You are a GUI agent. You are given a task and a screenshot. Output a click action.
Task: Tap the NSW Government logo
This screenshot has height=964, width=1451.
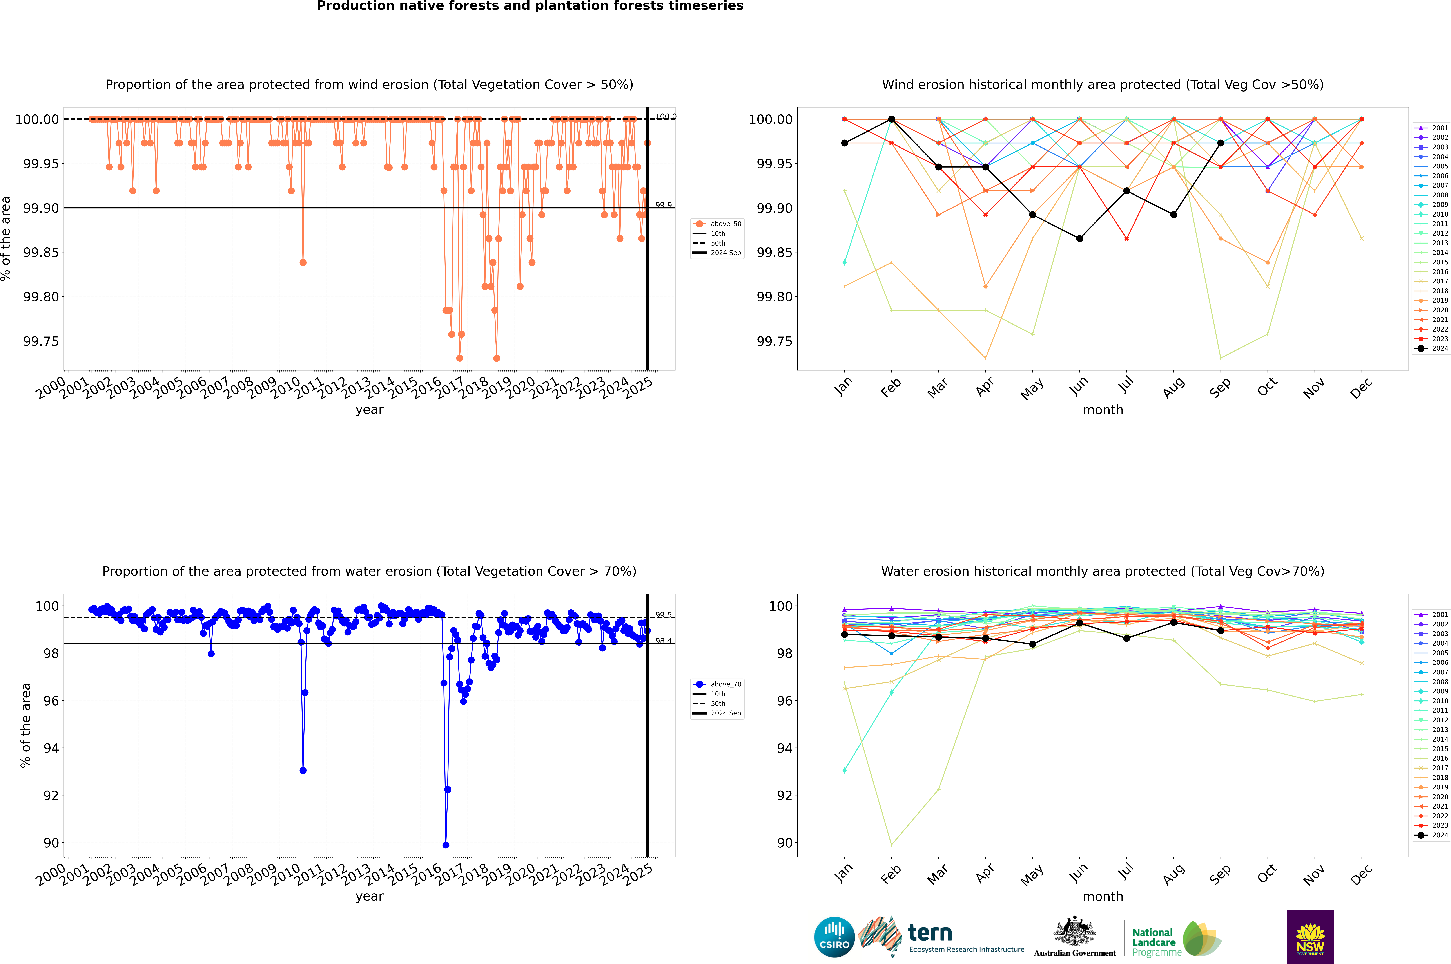point(1310,937)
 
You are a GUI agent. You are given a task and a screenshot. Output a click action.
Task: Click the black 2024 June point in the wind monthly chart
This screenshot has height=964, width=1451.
point(1079,238)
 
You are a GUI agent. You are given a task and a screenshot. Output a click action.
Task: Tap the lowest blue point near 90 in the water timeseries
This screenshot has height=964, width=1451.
point(446,845)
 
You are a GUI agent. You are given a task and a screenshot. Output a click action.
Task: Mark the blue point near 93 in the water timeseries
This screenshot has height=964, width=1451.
point(303,770)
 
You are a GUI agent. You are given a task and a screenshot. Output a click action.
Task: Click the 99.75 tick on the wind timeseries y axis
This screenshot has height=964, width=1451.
point(41,341)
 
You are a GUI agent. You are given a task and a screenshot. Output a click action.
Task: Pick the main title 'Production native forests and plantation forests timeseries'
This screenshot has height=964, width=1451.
point(530,6)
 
